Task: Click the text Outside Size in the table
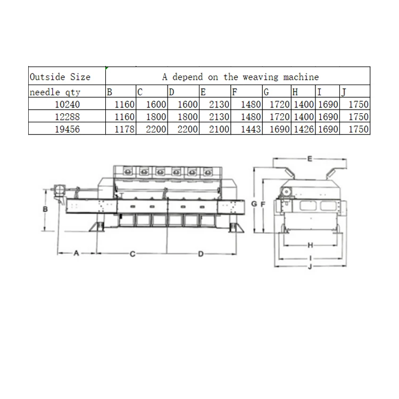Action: pyautogui.click(x=60, y=77)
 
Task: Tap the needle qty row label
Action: pyautogui.click(x=55, y=92)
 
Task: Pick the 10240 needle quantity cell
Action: pyautogui.click(x=68, y=104)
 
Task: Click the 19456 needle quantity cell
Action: pyautogui.click(x=68, y=129)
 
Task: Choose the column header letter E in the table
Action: pyautogui.click(x=203, y=92)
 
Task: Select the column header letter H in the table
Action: pyautogui.click(x=295, y=92)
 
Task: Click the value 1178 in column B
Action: pyautogui.click(x=124, y=129)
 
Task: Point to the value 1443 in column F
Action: pyautogui.click(x=251, y=129)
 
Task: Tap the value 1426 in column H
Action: pyautogui.click(x=304, y=129)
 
